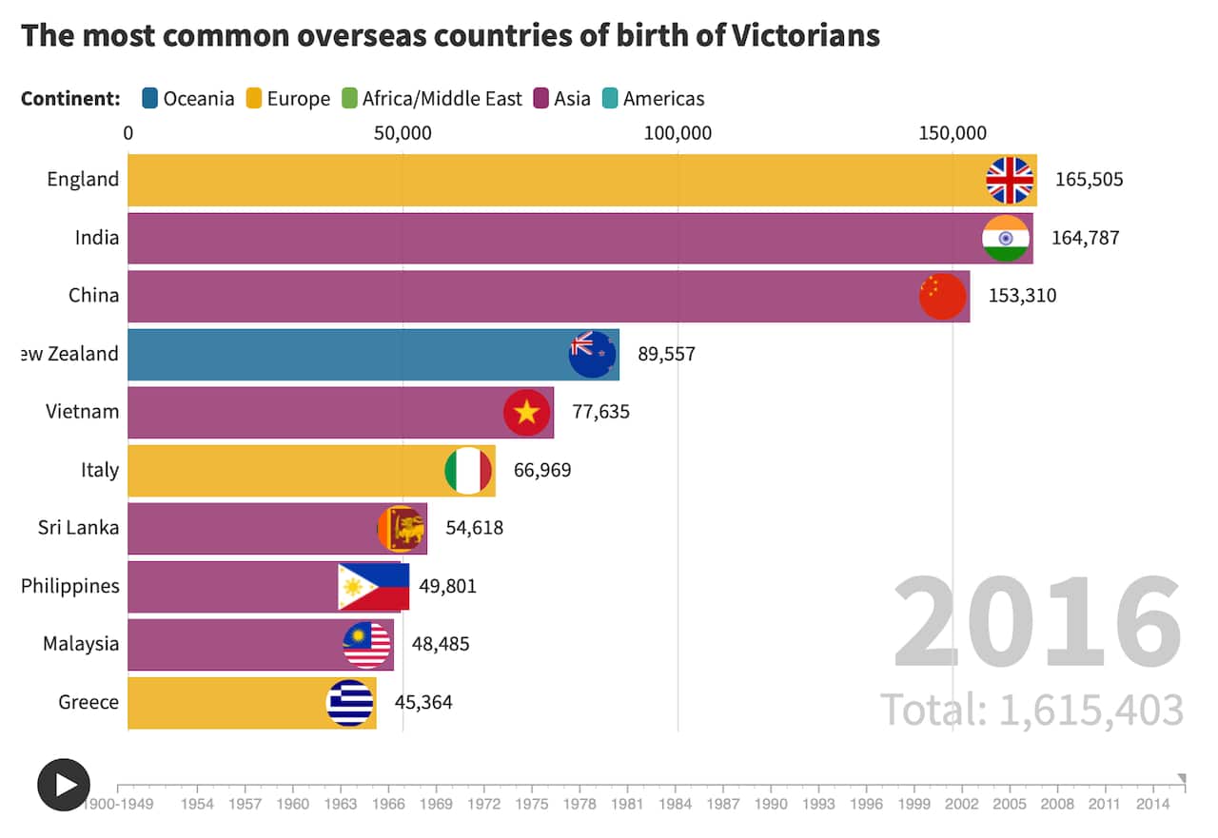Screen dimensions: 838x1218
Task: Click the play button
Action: (64, 785)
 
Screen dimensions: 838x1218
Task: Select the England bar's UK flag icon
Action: (1010, 180)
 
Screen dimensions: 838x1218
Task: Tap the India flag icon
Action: (1006, 238)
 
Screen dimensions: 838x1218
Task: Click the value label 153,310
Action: (1022, 296)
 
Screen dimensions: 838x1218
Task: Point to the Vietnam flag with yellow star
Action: (527, 413)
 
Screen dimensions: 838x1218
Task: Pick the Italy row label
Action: (100, 470)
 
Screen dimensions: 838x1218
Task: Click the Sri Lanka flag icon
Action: (402, 529)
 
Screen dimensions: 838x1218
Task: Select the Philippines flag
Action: (373, 587)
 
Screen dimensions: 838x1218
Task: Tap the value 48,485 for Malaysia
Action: (441, 644)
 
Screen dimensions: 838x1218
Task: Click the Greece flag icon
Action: (350, 703)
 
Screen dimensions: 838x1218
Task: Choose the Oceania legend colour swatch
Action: (150, 98)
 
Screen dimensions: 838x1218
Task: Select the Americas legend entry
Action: (654, 98)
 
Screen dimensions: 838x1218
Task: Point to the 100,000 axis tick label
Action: (678, 133)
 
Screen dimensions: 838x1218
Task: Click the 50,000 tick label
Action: (403, 133)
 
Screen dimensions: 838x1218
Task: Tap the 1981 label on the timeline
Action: (627, 805)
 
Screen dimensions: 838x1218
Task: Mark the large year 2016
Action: (1037, 623)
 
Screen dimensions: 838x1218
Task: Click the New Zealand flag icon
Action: (592, 355)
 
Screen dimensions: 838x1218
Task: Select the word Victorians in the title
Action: (806, 36)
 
